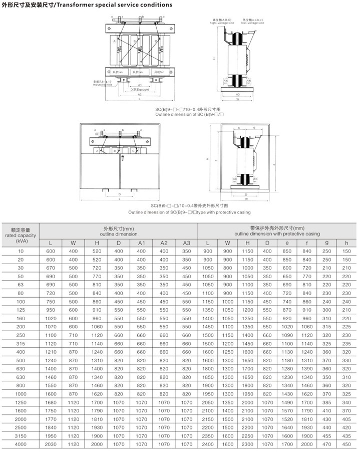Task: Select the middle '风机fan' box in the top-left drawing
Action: (138, 73)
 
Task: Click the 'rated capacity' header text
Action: (21, 235)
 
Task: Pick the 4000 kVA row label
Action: (21, 444)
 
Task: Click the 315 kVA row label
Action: (21, 344)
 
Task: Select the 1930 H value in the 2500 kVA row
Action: (97, 427)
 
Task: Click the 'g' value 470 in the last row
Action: (327, 444)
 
